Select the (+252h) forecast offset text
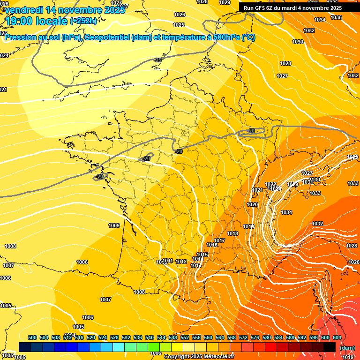(83, 21)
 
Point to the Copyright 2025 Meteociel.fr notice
(199, 356)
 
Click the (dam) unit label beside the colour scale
(346, 348)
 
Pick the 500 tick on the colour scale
(32, 337)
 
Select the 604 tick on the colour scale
(337, 337)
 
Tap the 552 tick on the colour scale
(185, 337)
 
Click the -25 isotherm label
(158, 60)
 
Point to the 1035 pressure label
(336, 17)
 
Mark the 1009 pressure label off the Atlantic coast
(114, 225)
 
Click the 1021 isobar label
(257, 190)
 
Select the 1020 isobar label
(252, 205)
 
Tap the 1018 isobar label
(232, 233)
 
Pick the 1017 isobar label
(220, 240)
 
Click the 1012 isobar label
(181, 262)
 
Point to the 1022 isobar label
(270, 184)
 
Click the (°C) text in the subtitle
(248, 37)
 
